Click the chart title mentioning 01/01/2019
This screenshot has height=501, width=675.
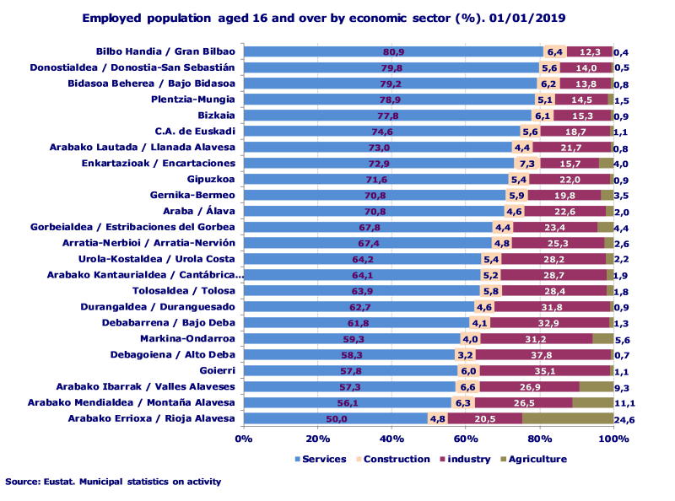point(324,17)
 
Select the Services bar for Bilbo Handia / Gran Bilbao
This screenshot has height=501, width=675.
point(392,51)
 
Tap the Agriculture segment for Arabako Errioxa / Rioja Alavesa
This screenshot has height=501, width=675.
point(568,418)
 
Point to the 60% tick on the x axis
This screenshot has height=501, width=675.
point(466,439)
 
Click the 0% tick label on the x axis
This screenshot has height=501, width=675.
point(244,439)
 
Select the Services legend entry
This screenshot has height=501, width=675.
point(321,459)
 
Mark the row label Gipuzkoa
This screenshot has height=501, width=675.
point(210,179)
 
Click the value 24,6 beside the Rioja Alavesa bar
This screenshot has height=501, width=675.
point(625,419)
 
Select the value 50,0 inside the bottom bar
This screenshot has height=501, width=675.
point(336,418)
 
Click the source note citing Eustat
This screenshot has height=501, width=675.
point(113,482)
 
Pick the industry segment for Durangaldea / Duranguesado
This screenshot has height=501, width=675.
point(553,306)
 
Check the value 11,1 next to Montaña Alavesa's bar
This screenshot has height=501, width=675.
point(625,402)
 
